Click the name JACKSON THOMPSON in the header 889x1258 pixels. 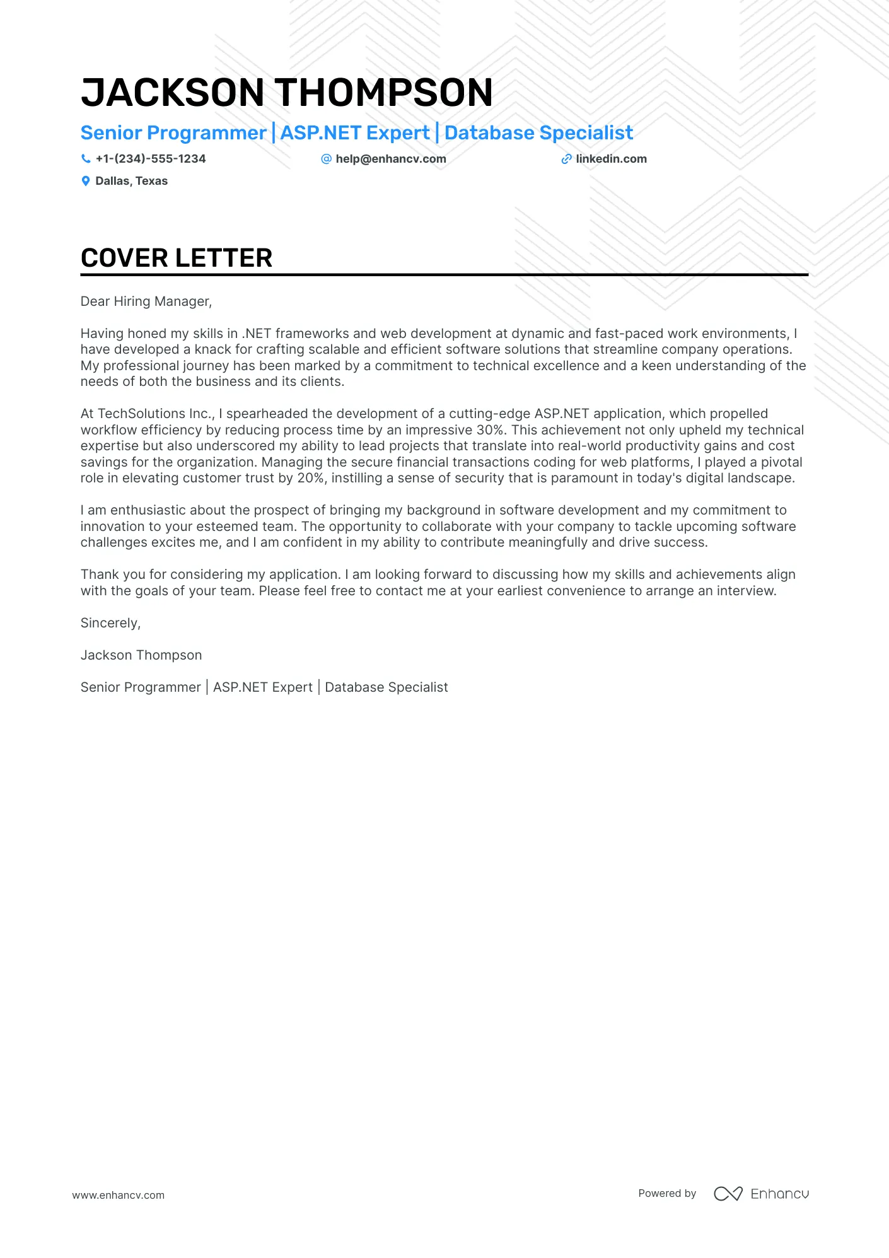tap(286, 93)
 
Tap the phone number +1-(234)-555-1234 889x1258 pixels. tap(151, 159)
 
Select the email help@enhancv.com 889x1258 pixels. tap(391, 159)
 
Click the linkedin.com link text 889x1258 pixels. tap(611, 159)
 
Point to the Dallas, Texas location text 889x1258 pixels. tap(131, 181)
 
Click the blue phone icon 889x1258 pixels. tap(86, 159)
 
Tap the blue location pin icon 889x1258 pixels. tap(86, 181)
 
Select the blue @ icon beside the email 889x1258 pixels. tap(326, 159)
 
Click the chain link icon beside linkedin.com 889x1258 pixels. tap(566, 159)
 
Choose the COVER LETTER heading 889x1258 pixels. tap(177, 258)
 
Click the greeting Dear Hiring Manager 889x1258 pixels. tap(146, 301)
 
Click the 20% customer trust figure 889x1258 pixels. tap(310, 478)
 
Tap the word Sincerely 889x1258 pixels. tap(110, 623)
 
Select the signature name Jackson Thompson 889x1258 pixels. tap(141, 655)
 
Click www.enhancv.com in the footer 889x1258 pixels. tap(118, 1195)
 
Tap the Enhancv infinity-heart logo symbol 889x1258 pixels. tap(728, 1194)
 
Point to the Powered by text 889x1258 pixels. tap(667, 1193)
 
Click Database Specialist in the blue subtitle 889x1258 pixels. tap(538, 133)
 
